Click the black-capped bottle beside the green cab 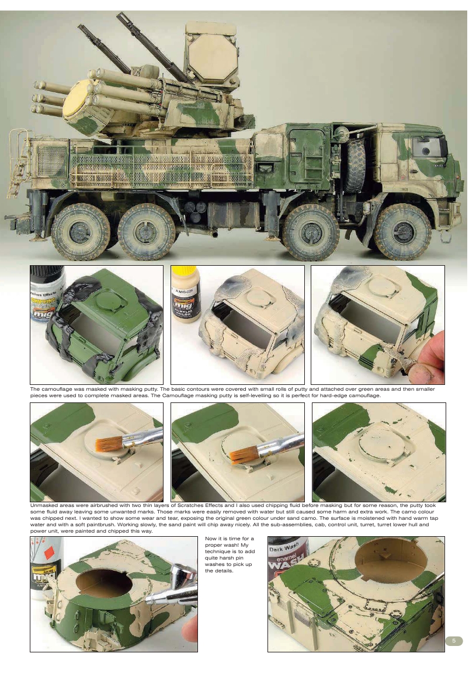tap(47, 295)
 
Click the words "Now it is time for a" tap(230, 543)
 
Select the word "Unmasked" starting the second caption tap(43, 505)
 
